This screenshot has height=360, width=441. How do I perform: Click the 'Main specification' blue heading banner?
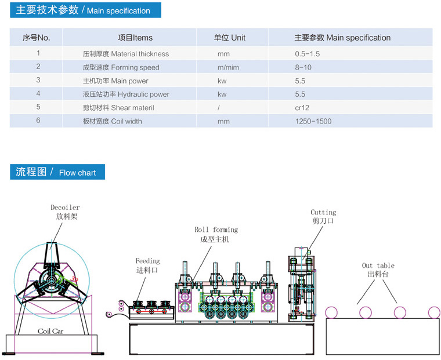tap(85, 10)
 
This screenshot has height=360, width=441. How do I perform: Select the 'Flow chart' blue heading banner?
tap(57, 172)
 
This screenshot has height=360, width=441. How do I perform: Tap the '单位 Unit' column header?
tap(230, 38)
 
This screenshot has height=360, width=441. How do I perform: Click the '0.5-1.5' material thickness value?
tap(307, 54)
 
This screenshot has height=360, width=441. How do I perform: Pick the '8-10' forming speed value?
tap(303, 67)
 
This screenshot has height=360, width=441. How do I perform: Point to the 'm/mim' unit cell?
tap(228, 67)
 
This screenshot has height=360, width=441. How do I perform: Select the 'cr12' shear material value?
tap(302, 108)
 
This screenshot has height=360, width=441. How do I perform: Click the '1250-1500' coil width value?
tap(313, 121)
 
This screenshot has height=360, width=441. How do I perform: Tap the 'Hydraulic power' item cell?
tap(126, 94)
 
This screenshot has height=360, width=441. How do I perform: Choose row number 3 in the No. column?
tap(38, 80)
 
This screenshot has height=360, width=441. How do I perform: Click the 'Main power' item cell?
tap(115, 81)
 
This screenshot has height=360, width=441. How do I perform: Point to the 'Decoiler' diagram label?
tap(65, 208)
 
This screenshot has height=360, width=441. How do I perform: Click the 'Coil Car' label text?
tap(50, 332)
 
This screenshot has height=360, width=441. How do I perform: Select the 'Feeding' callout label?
tap(147, 261)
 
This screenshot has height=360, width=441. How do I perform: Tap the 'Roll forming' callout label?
tap(216, 230)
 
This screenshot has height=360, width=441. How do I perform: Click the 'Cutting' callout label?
tap(323, 212)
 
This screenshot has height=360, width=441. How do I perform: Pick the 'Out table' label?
tap(378, 266)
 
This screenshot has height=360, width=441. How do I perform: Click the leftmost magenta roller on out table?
tap(331, 312)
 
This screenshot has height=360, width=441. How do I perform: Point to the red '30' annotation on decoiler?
tap(74, 279)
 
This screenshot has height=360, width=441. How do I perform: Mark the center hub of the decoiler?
tap(52, 280)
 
